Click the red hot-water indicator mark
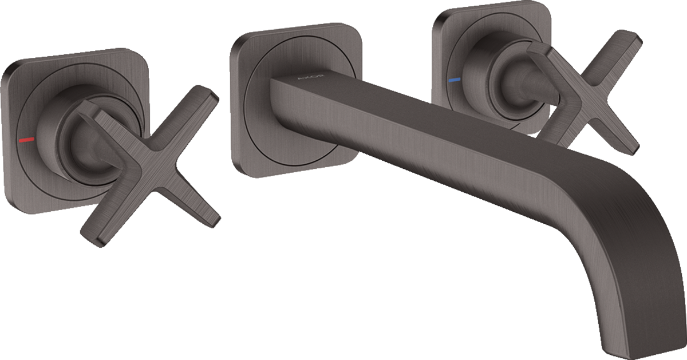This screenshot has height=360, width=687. pyautogui.click(x=25, y=139)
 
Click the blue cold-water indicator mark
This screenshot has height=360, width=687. pyautogui.click(x=454, y=81)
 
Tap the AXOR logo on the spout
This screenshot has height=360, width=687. pyautogui.click(x=314, y=77)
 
